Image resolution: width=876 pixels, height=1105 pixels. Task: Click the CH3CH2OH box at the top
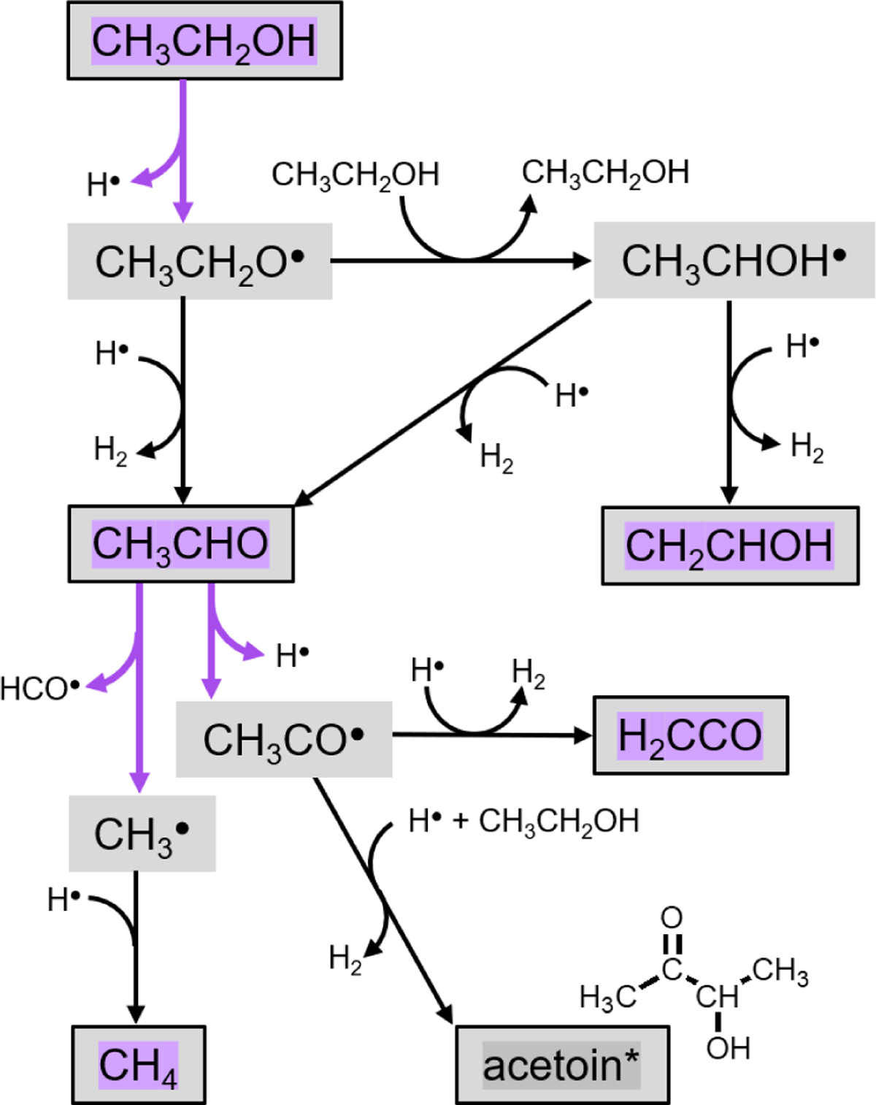click(x=204, y=41)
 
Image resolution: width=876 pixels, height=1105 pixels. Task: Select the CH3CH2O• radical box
click(x=199, y=261)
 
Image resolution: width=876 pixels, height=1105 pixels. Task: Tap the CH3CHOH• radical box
click(x=734, y=261)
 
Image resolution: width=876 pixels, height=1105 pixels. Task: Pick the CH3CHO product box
click(x=181, y=544)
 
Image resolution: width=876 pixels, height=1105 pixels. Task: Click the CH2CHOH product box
click(x=729, y=546)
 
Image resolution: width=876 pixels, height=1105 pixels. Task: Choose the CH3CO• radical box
click(x=284, y=740)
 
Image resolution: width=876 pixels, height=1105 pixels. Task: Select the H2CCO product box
click(x=690, y=735)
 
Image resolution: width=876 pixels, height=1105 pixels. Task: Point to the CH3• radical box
click(x=142, y=833)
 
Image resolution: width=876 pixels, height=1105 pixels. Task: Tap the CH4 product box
click(x=138, y=1065)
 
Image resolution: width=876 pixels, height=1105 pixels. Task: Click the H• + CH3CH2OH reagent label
click(x=523, y=821)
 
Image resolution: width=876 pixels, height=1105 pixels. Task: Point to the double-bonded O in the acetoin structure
click(x=672, y=918)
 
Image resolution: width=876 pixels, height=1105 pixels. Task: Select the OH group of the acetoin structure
click(x=728, y=1049)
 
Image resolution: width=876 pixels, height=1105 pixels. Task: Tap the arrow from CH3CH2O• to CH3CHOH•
click(x=460, y=261)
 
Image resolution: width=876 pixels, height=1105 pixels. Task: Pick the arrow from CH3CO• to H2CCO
click(x=493, y=735)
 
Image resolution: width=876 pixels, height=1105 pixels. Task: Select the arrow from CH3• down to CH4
click(x=136, y=949)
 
